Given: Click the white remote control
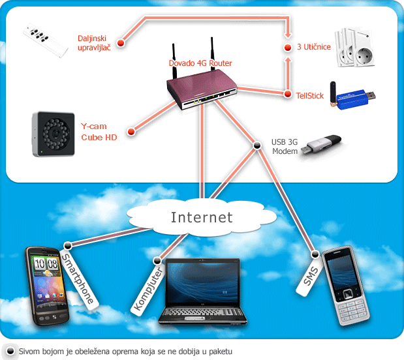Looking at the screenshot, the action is [x=45, y=40].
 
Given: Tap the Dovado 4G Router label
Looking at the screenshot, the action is [x=200, y=63].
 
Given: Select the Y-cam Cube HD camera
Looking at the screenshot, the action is [x=54, y=134].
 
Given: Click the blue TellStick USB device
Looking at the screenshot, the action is [x=352, y=95].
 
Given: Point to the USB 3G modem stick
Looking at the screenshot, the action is [x=321, y=145].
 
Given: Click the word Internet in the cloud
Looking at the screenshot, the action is [x=202, y=217].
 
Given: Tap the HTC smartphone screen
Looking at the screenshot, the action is [x=47, y=277].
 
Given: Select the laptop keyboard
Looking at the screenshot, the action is [x=203, y=312].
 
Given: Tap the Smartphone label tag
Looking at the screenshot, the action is [x=78, y=278].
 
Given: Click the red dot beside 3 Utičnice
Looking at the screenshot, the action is [x=288, y=48].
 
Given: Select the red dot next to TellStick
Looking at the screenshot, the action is [x=288, y=94].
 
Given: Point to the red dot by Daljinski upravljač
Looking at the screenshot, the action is [x=121, y=43].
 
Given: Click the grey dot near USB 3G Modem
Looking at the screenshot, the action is [x=257, y=145].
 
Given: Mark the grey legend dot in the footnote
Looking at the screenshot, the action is [x=10, y=351].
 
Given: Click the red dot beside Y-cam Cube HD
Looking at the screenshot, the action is [x=131, y=132].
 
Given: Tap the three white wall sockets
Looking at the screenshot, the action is [x=355, y=48].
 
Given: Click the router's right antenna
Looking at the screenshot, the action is [x=212, y=53].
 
